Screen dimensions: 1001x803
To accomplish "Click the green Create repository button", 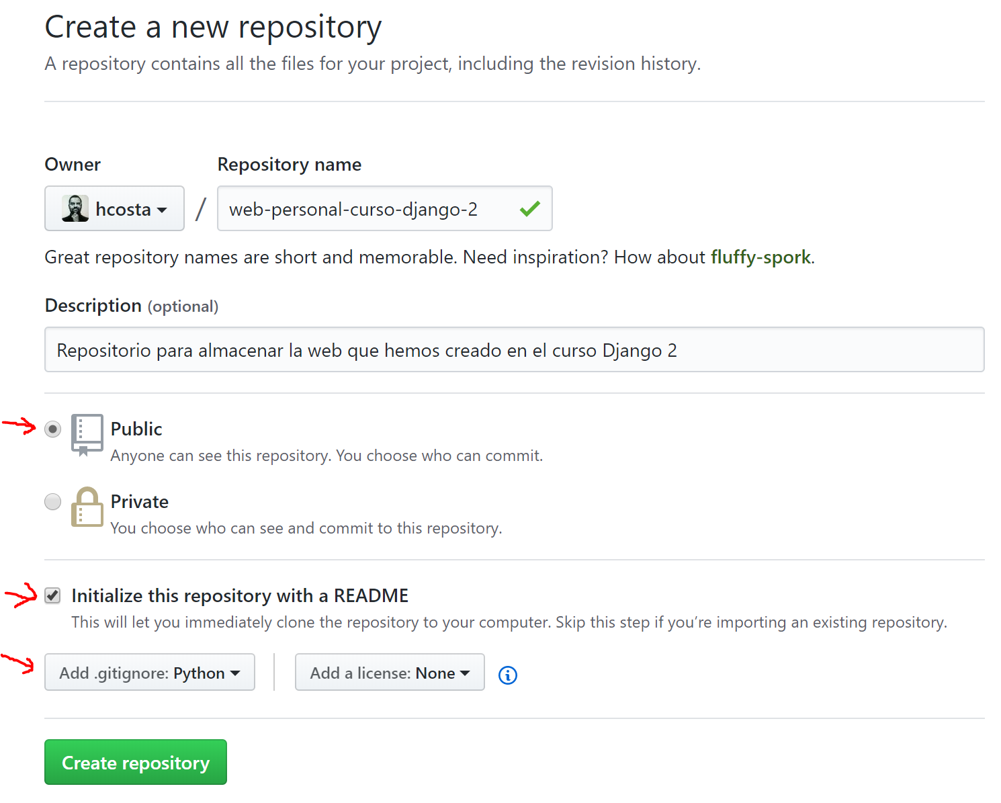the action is coord(135,762).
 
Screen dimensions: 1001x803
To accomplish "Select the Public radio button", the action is coord(52,429).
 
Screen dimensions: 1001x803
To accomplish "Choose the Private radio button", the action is coord(52,501).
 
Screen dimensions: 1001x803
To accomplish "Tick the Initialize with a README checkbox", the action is coord(52,595).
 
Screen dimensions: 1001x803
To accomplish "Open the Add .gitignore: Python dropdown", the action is coord(150,672).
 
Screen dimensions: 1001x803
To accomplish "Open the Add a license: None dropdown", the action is coord(390,672).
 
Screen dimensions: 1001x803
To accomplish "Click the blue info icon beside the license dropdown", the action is coord(507,675).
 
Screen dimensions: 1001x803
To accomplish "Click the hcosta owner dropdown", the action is coord(114,208).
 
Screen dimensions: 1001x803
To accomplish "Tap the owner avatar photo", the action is coord(75,208).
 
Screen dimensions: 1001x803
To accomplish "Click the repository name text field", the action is coord(385,208).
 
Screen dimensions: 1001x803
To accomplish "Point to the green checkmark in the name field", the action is coord(530,208).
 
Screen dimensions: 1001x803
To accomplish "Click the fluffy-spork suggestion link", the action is coord(760,257).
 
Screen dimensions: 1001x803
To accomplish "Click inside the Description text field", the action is coord(515,349).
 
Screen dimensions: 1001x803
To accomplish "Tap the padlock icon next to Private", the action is coord(87,507).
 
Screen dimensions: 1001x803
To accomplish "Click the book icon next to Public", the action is coord(87,435).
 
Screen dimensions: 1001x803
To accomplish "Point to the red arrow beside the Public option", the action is coord(20,426).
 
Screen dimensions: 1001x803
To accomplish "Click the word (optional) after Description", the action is coord(183,306).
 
